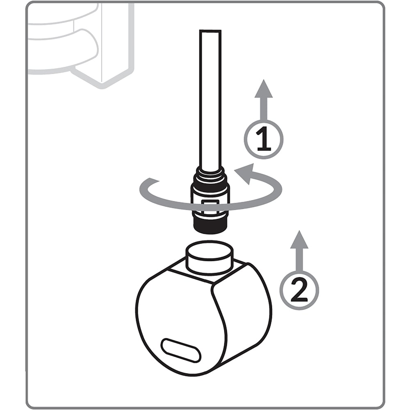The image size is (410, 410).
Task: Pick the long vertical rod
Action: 210,98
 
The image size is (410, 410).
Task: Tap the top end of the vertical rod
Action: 210,32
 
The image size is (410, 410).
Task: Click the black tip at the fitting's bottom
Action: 210,225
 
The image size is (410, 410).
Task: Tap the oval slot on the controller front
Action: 181,351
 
